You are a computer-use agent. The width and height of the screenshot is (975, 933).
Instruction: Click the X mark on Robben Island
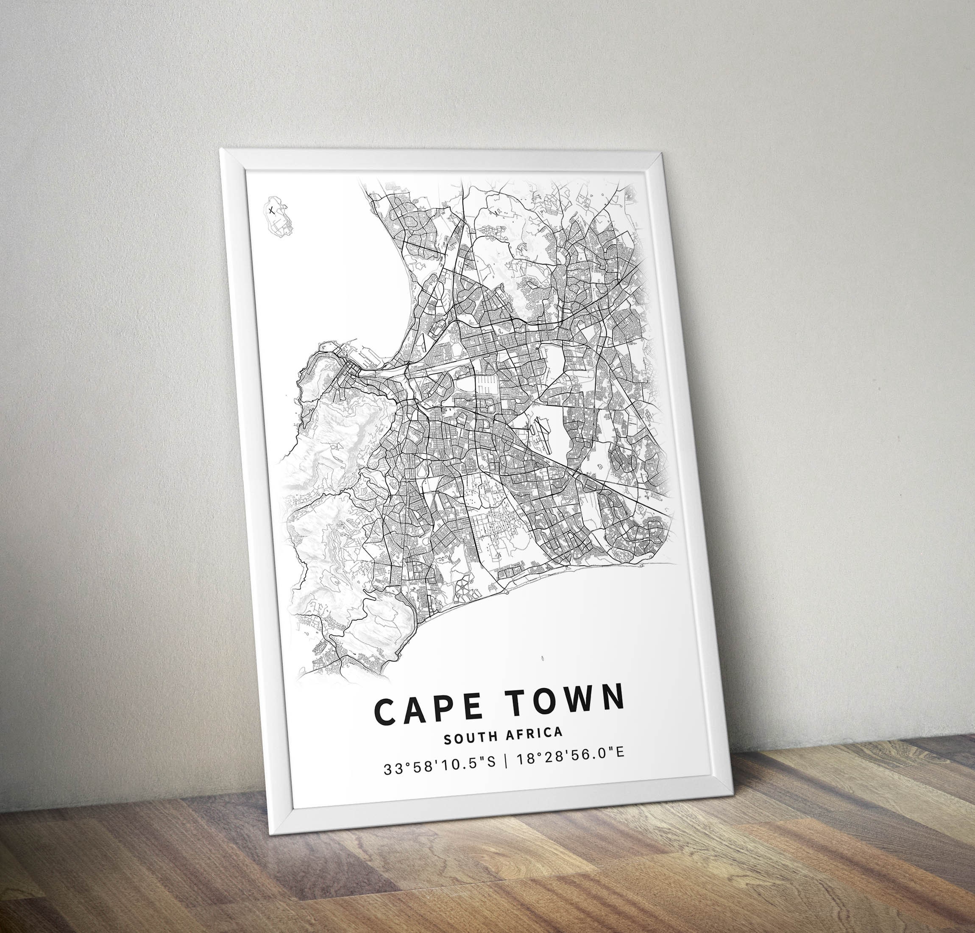pyautogui.click(x=271, y=210)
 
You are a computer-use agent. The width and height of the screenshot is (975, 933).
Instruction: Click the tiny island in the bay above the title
pyautogui.click(x=540, y=659)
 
